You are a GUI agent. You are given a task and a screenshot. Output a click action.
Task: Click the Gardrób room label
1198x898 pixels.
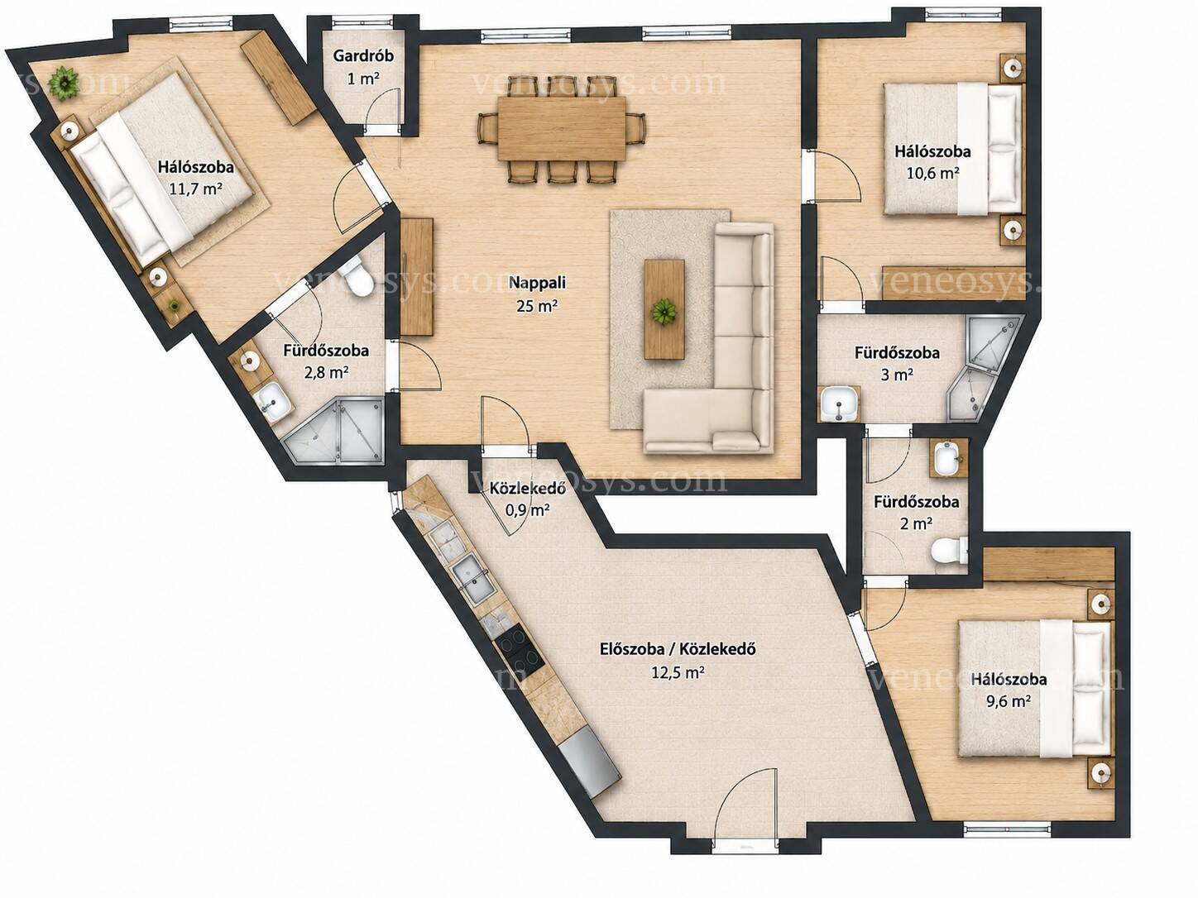[x=363, y=55]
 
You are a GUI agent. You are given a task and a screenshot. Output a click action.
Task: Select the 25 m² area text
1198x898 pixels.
[x=537, y=306]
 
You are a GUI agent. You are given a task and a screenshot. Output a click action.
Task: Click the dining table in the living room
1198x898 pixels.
[x=562, y=129]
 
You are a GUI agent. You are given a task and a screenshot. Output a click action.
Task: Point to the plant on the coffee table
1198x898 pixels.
[x=664, y=313]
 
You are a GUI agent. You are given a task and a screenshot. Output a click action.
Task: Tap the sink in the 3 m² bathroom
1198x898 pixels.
[x=839, y=404]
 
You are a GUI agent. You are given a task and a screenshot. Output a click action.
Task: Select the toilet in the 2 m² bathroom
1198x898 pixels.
[x=950, y=550]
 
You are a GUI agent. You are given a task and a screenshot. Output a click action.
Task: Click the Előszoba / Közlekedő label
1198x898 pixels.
[x=678, y=649]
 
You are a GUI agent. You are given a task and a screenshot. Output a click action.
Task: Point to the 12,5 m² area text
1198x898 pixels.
[x=678, y=672]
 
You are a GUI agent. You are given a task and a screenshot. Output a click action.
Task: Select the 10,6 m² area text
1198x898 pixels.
[x=932, y=174]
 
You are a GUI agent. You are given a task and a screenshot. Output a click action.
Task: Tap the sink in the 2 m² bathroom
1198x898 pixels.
[x=949, y=460]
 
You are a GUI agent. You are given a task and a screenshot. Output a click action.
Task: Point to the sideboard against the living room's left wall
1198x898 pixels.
[x=416, y=276]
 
